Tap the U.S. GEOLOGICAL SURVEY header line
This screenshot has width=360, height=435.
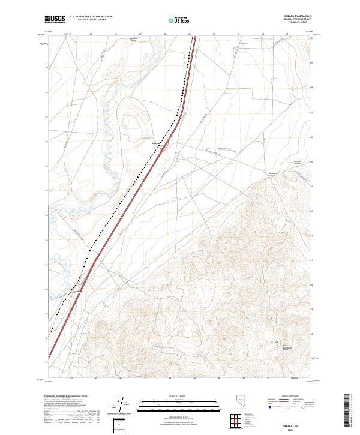coord(89,22)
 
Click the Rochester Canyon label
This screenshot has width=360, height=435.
coord(274,175)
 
